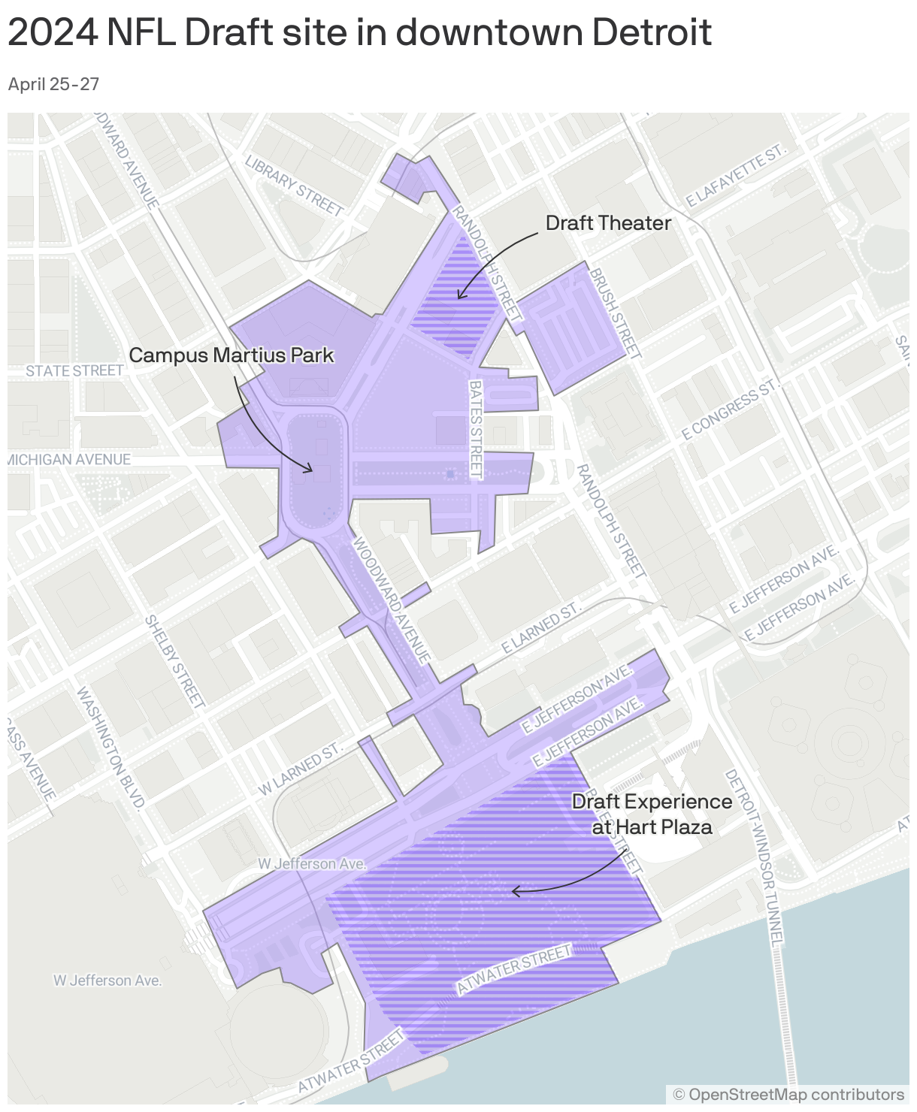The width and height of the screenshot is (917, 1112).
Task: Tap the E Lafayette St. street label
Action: click(x=737, y=177)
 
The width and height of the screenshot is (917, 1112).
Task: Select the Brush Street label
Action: click(x=615, y=313)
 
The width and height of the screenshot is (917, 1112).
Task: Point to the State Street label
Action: click(x=74, y=370)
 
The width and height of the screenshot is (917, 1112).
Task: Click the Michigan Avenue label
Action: click(x=69, y=459)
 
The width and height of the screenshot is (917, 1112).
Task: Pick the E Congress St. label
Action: click(x=728, y=410)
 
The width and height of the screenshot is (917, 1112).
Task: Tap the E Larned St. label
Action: click(x=542, y=627)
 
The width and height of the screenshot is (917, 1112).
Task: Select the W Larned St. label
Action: click(x=300, y=771)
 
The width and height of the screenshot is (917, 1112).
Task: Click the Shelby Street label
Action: click(x=174, y=661)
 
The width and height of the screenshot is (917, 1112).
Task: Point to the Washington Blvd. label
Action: click(x=110, y=748)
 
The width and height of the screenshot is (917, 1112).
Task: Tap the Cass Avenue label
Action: click(x=30, y=759)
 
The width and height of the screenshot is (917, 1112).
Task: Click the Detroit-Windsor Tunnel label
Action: click(x=755, y=857)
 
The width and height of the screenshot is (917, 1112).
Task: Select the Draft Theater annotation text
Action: click(x=608, y=223)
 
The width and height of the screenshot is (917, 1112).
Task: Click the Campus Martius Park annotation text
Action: click(x=232, y=355)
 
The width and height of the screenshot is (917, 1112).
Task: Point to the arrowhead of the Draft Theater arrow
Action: click(x=459, y=297)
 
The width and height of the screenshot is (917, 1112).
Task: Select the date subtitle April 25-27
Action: click(x=53, y=84)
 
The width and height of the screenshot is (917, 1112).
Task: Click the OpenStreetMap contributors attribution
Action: click(x=788, y=1094)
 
